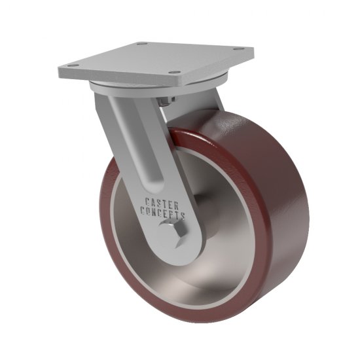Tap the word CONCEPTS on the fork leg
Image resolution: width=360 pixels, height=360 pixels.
(163, 214)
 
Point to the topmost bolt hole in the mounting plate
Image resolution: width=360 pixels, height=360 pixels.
(141, 44)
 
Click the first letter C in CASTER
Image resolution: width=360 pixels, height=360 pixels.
(147, 202)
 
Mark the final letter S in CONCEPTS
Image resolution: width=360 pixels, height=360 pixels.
(183, 215)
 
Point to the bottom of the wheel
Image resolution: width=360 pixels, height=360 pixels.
(196, 317)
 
